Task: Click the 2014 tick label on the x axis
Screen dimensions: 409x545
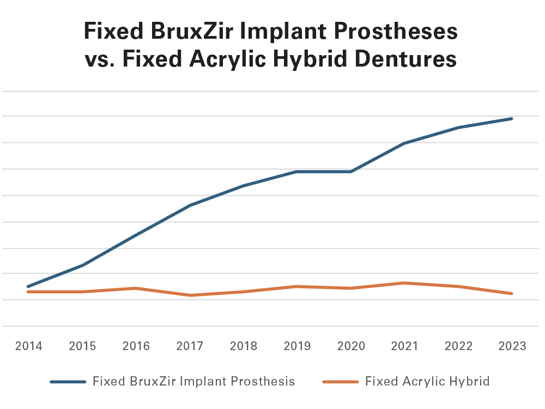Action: click(29, 346)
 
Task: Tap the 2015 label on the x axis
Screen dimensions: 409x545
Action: click(82, 346)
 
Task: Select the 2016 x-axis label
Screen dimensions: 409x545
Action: click(136, 346)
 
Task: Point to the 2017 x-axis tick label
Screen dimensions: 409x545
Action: click(190, 346)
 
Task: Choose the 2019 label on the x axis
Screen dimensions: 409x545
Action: click(297, 346)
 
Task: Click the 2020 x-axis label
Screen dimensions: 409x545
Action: click(350, 346)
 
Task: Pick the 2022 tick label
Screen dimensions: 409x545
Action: click(458, 346)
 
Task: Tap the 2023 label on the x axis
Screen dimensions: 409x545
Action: click(512, 346)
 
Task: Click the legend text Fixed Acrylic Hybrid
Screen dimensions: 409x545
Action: click(427, 381)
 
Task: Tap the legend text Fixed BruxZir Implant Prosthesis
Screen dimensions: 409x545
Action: click(194, 381)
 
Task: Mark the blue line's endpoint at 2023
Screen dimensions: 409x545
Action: click(512, 118)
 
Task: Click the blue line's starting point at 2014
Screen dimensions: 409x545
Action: click(28, 286)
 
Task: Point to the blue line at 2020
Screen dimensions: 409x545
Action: click(350, 172)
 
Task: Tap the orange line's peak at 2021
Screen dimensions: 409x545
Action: click(404, 282)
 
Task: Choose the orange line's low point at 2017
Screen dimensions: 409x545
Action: click(190, 295)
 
